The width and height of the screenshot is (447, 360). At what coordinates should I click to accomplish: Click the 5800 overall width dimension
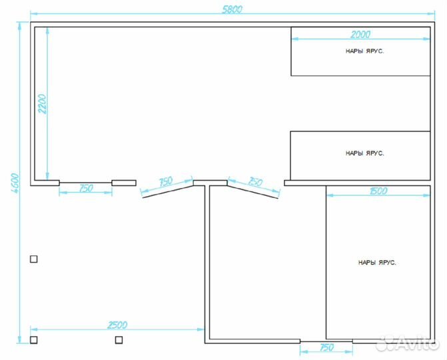coord(232,9)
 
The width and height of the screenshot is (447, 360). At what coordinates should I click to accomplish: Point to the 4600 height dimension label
coord(15,183)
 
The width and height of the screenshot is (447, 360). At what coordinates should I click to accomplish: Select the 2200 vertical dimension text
coord(42,104)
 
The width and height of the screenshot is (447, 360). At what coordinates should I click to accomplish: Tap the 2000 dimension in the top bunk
coord(360,35)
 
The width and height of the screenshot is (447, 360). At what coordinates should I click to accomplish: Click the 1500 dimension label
coord(378,191)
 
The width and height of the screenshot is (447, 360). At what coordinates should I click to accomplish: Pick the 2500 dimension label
coord(117,325)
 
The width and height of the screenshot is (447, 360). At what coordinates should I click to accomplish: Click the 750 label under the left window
coord(86,188)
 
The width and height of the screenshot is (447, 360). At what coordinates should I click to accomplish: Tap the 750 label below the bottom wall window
coord(326,347)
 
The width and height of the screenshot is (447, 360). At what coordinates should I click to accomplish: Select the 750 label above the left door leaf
coord(165,181)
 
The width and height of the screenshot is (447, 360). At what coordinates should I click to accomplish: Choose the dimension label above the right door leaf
coord(255,181)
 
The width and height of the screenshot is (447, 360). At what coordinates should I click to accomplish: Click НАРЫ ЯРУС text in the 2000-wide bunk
coord(364,51)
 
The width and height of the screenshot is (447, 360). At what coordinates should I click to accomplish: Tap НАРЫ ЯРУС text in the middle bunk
coord(364,153)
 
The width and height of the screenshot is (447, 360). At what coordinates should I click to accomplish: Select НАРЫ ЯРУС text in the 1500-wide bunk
coord(377,263)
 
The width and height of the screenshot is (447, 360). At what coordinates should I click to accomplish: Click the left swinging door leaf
coord(168,191)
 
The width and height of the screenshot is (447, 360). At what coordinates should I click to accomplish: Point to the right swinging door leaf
coord(252,192)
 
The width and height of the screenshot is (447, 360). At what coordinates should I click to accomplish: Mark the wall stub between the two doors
coord(210,183)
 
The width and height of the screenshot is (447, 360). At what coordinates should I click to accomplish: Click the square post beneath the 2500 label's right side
coord(119,340)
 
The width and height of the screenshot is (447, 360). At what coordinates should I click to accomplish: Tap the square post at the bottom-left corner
coord(33,340)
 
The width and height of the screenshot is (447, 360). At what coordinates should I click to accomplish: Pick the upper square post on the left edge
coord(33,259)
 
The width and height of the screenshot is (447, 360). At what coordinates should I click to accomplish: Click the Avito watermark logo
coord(407,342)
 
